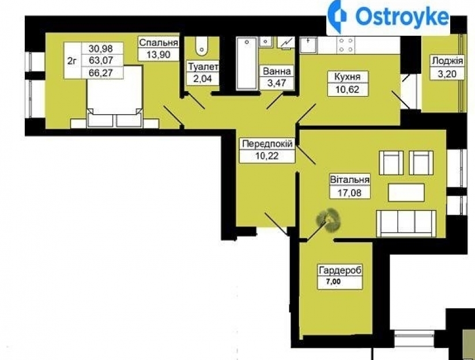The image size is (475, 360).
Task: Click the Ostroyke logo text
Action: (402, 16)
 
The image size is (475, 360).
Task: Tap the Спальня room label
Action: (158, 43)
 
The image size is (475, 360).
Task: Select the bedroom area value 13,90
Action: (158, 55)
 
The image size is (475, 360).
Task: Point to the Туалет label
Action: (203, 67)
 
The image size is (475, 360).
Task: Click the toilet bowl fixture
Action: (201, 46)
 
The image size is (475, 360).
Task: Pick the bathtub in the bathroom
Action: (247, 63)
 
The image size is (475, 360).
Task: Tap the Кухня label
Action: (348, 77)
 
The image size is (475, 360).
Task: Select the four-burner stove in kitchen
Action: (346, 45)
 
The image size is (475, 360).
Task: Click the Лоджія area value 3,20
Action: (447, 74)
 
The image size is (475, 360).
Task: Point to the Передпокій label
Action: (267, 144)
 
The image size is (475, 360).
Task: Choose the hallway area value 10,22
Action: (267, 156)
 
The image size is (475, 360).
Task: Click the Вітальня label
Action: (349, 179)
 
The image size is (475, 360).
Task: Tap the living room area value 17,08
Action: (349, 192)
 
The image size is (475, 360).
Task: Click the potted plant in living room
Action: (329, 220)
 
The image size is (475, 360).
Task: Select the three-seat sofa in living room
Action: (406, 223)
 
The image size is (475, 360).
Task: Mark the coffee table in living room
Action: (406, 193)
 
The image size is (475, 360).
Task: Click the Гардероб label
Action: (340, 270)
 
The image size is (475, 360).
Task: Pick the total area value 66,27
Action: (101, 73)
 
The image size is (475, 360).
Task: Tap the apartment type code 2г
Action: (71, 61)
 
